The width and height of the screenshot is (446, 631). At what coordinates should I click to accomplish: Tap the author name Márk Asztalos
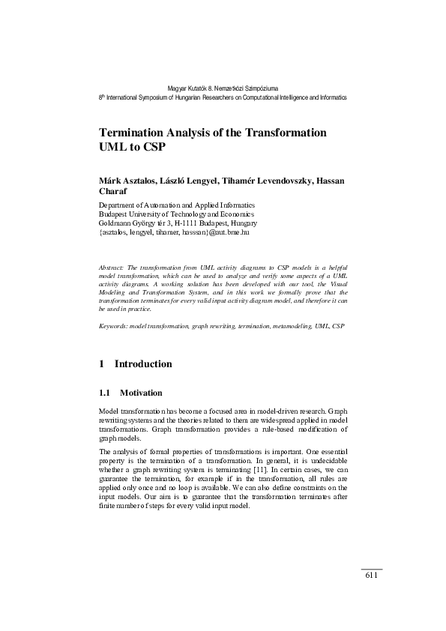127,181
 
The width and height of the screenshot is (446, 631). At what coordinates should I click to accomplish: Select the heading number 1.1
105,393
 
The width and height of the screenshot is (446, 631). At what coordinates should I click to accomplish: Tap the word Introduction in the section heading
142,364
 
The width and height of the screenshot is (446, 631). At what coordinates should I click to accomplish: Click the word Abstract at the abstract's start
111,268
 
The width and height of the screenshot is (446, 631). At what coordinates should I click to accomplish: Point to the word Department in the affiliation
118,204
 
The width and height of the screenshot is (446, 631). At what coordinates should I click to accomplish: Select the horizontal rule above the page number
372,569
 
